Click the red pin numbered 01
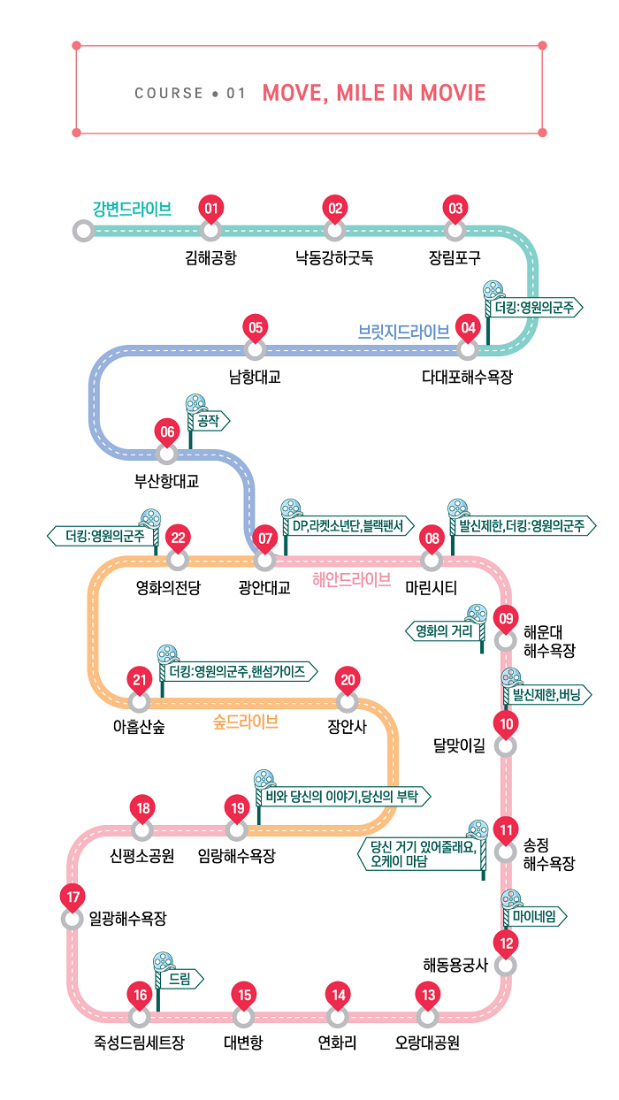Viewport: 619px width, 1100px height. click(x=210, y=209)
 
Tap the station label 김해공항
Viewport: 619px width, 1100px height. click(x=210, y=258)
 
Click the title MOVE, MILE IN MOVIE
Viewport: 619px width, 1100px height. click(x=374, y=93)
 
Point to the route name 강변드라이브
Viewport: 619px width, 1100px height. click(x=132, y=209)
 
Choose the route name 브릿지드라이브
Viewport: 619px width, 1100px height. click(x=403, y=332)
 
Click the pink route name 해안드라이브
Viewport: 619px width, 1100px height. click(x=351, y=580)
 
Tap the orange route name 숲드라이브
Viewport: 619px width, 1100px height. click(x=246, y=722)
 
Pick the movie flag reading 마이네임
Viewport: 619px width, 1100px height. click(x=534, y=917)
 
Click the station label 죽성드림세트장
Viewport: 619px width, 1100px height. click(x=139, y=1042)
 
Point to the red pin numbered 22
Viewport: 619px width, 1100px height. click(x=178, y=538)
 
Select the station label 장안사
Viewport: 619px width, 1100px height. click(x=347, y=728)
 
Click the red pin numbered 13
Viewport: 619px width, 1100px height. click(x=428, y=995)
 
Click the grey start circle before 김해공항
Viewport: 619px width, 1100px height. click(x=82, y=231)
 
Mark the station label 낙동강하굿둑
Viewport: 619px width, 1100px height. click(x=334, y=258)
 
